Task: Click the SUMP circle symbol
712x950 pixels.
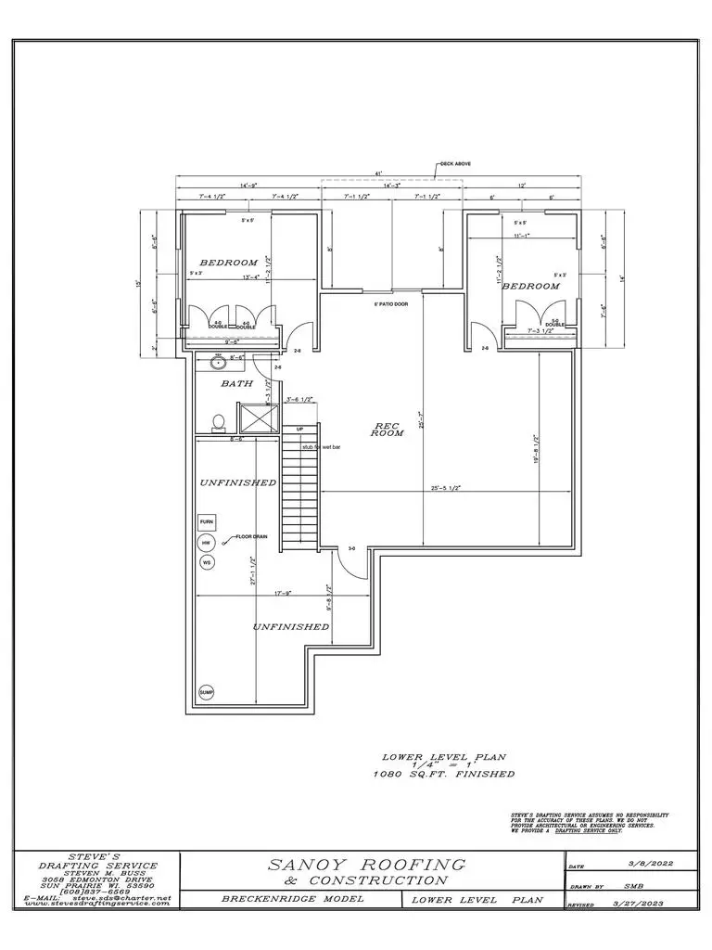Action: coord(206,693)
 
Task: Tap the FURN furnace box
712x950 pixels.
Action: coord(206,521)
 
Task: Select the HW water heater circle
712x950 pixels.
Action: coord(206,543)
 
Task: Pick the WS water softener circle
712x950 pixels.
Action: coord(206,562)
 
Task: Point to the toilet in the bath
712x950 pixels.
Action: coord(218,423)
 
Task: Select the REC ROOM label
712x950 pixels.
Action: coord(387,430)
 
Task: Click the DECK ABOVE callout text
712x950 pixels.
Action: coord(454,164)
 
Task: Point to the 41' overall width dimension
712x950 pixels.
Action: coord(378,174)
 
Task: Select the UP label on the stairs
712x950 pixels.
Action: coord(299,430)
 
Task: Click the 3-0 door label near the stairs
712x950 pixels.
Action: coord(351,549)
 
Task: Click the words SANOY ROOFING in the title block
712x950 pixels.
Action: coord(366,865)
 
